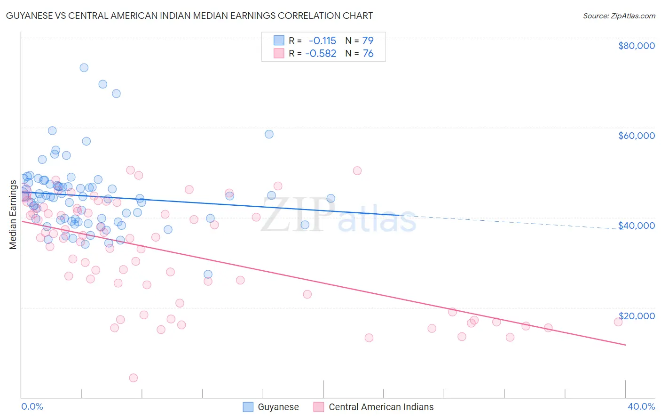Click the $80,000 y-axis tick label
point(636,46)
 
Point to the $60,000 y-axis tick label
point(636,136)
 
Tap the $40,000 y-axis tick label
point(636,226)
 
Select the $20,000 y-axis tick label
point(636,315)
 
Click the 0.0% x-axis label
point(32,406)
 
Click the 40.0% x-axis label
point(641,406)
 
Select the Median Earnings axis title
point(13,215)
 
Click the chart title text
point(189,16)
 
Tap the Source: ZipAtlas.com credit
point(619,16)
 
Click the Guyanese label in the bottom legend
point(278,407)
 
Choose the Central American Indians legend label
point(381,407)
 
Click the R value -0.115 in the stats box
point(322,40)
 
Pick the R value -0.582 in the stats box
point(321,54)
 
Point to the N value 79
point(368,40)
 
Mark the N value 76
point(368,54)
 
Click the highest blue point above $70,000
point(84,67)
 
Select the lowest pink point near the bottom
point(133,378)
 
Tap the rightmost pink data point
point(618,322)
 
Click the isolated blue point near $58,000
point(269,134)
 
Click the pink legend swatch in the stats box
point(279,54)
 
